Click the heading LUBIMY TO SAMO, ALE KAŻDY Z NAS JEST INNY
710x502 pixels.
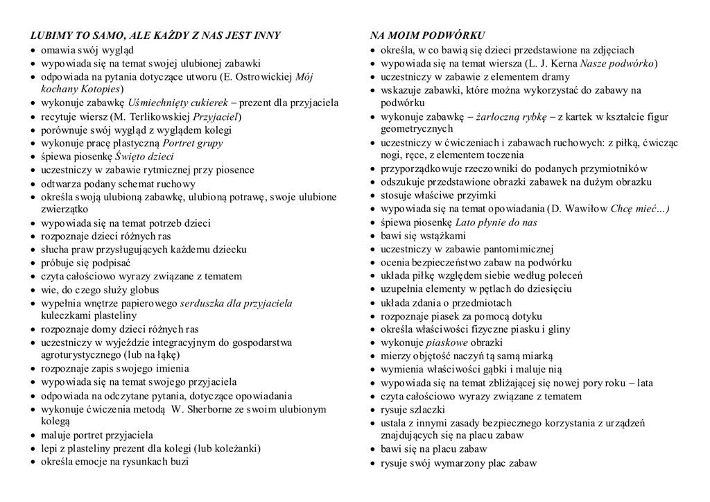coord(155,35)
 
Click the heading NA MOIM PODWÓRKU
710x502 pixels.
coord(427,35)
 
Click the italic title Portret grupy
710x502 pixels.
coord(193,143)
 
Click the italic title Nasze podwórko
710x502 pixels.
coord(617,64)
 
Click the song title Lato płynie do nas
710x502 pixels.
coord(496,223)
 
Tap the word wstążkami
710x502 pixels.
coord(443,236)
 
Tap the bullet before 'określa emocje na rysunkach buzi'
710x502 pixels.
coord(33,462)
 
